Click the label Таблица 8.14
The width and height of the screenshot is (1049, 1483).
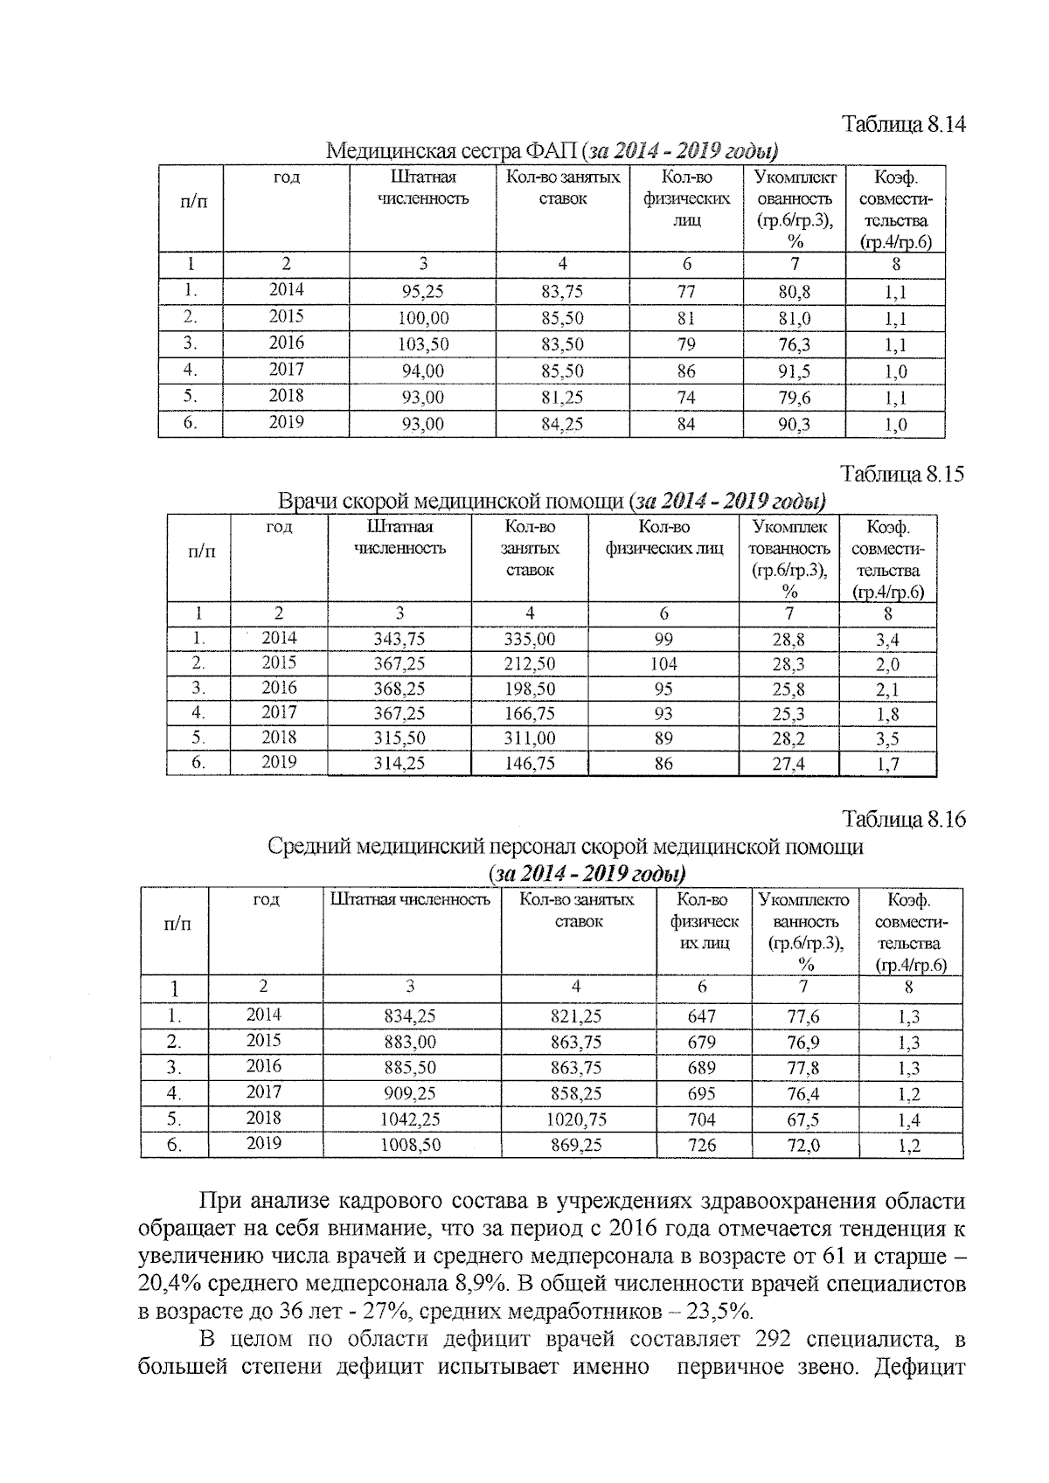click(x=904, y=124)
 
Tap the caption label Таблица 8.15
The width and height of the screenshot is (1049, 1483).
click(x=903, y=475)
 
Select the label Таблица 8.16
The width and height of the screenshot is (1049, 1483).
click(x=904, y=820)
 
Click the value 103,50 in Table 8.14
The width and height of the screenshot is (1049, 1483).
click(x=422, y=344)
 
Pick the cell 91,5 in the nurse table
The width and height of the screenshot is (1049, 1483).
click(x=794, y=371)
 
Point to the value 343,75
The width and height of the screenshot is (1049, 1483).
click(x=399, y=640)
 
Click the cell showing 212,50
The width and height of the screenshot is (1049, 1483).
click(x=529, y=664)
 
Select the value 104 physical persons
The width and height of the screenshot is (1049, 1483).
click(x=663, y=664)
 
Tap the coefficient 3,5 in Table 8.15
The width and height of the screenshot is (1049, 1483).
click(x=887, y=738)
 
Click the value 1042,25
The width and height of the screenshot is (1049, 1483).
click(x=410, y=1119)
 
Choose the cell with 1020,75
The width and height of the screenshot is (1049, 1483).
click(x=576, y=1119)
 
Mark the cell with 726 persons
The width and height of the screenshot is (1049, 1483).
click(x=701, y=1144)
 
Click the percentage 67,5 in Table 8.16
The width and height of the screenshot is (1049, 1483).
click(x=803, y=1119)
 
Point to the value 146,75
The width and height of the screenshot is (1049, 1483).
click(x=529, y=763)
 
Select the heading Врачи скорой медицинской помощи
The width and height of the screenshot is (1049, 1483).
click(x=451, y=502)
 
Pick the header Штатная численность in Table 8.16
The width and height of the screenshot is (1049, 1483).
click(x=410, y=900)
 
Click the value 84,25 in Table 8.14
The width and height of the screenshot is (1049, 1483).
click(x=562, y=425)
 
